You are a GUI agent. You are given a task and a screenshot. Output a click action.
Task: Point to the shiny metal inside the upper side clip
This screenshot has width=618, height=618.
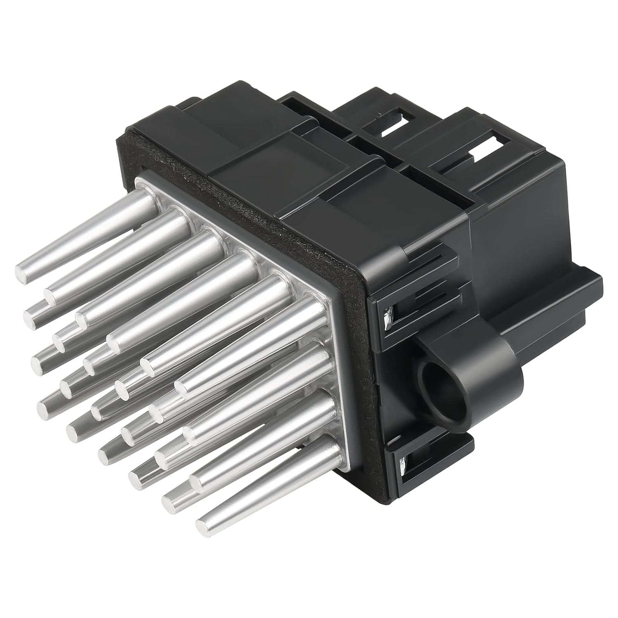click(x=387, y=321)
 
